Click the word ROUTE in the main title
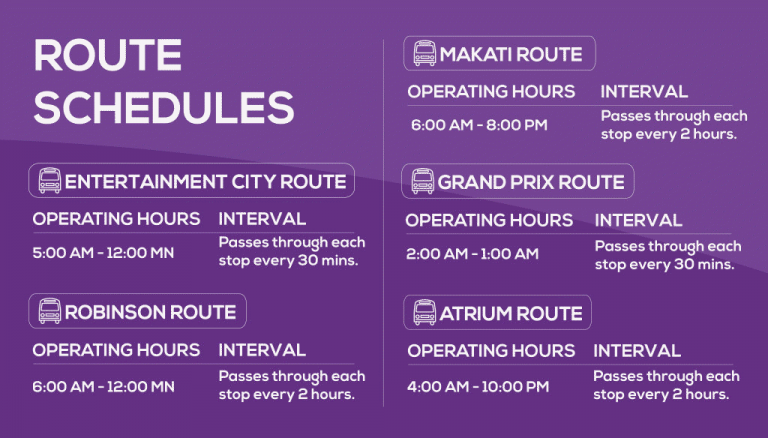tap(108, 56)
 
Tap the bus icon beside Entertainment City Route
tap(50, 181)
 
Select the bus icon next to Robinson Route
tap(50, 311)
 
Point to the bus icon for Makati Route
tap(425, 53)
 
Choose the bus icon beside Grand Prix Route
tap(423, 182)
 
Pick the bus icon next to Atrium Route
tap(425, 313)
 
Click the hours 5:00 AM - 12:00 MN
tap(103, 253)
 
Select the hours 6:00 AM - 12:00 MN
tap(103, 386)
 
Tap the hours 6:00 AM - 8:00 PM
tap(479, 125)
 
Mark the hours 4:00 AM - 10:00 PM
tap(478, 386)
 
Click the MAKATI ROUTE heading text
tap(511, 53)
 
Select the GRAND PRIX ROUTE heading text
tap(531, 182)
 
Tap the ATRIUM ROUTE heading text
tap(511, 313)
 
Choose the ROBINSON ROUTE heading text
tap(150, 311)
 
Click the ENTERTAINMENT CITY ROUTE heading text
tap(205, 181)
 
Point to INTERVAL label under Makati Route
tap(644, 91)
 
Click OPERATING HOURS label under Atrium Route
tap(491, 351)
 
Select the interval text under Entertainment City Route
tap(291, 252)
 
